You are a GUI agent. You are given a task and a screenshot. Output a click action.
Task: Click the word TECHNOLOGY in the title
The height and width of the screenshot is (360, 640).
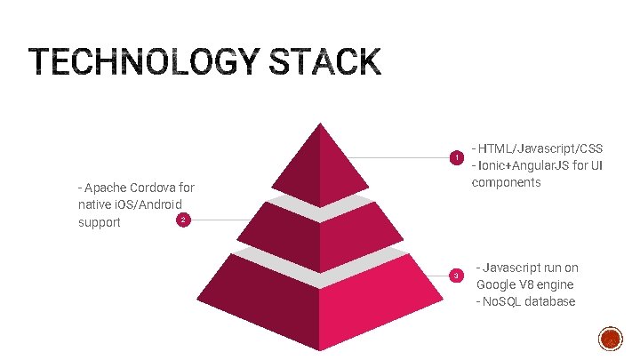[x=141, y=63]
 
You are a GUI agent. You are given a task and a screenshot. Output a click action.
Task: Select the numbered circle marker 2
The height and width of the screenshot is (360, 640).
[x=181, y=220]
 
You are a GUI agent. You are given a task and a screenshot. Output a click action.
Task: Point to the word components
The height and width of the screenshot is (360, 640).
[x=506, y=182]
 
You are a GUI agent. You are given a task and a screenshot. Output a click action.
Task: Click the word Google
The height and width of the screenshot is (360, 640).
[x=499, y=284]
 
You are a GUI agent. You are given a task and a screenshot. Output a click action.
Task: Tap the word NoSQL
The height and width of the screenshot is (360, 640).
[x=502, y=302]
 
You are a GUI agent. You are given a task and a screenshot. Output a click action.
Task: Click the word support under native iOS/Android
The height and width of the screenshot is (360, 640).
[x=100, y=222]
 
